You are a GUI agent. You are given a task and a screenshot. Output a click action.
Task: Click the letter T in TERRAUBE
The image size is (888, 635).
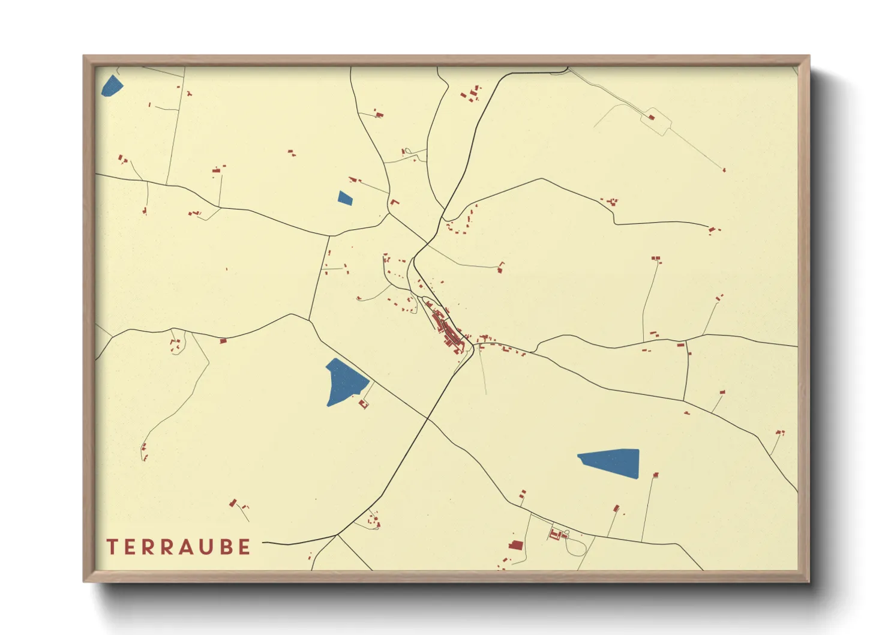pyautogui.click(x=112, y=547)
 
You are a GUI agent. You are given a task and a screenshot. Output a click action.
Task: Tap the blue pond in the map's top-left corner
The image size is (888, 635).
pyautogui.click(x=112, y=86)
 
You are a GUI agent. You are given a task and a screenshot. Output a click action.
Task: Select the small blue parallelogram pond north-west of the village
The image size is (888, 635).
pyautogui.click(x=345, y=198)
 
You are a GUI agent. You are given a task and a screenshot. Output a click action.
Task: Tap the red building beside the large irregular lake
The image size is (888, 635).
pyautogui.click(x=363, y=404)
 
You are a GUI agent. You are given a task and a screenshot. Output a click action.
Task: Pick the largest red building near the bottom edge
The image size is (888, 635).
pyautogui.click(x=515, y=546)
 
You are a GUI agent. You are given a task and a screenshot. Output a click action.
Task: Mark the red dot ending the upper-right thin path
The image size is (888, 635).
pyautogui.click(x=724, y=170)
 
